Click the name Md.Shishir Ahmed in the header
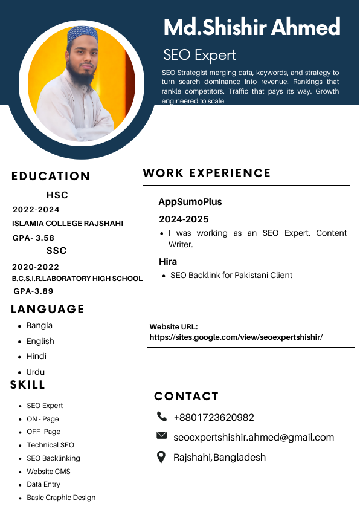[252, 28]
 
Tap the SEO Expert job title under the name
[199, 55]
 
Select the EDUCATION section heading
[51, 177]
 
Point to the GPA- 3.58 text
[33, 238]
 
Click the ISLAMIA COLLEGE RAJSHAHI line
[68, 224]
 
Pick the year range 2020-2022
[36, 267]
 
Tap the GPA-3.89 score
[34, 291]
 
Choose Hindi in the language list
[36, 357]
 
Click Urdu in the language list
[36, 372]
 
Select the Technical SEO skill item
[50, 445]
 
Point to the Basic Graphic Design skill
[61, 498]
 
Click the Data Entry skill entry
[43, 484]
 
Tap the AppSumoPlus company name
[190, 202]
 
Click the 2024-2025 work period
[184, 219]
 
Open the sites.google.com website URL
[236, 337]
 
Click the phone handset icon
[161, 417]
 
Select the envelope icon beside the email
[161, 435]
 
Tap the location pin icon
[161, 457]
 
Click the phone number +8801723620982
[214, 418]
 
